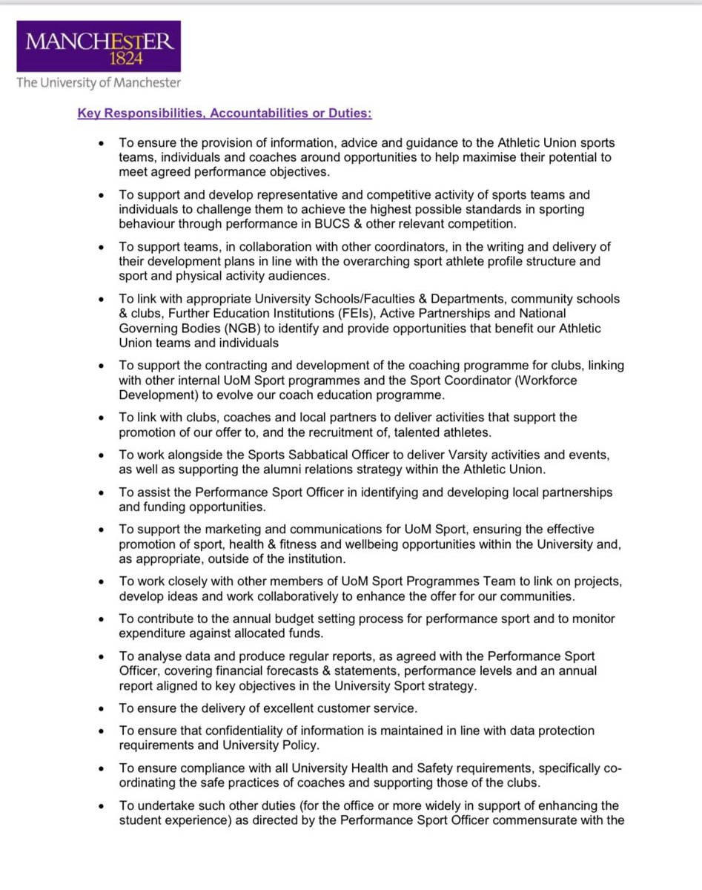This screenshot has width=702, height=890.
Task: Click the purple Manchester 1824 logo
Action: [x=98, y=46]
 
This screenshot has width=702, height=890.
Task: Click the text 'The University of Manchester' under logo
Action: [x=98, y=83]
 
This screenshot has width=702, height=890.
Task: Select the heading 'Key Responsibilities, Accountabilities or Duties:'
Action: [x=224, y=113]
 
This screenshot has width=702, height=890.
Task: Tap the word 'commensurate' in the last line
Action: [x=548, y=820]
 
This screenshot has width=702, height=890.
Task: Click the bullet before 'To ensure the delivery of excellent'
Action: [x=101, y=709]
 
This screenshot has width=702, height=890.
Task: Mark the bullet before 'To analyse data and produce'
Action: [x=101, y=656]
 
